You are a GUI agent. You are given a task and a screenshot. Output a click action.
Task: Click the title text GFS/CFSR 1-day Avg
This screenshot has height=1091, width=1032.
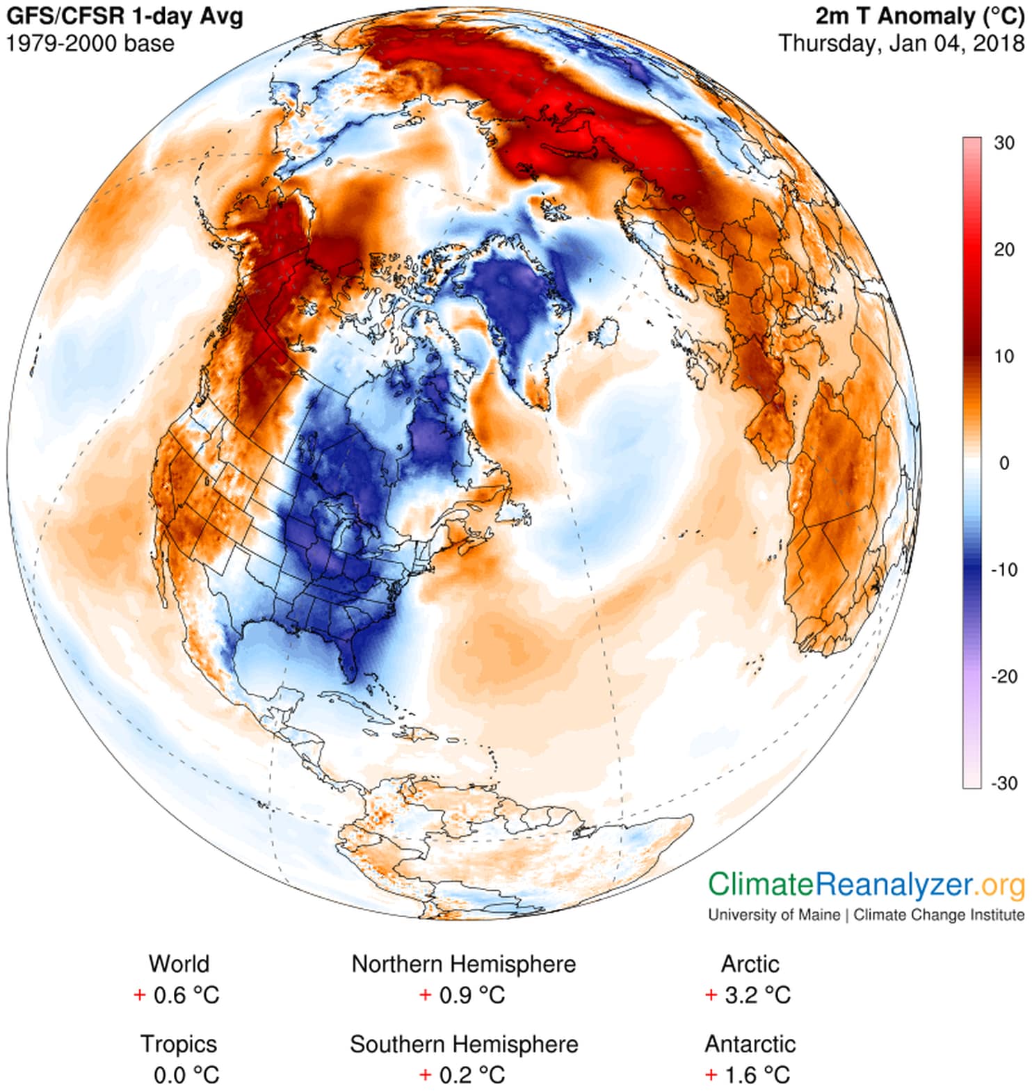[x=125, y=17]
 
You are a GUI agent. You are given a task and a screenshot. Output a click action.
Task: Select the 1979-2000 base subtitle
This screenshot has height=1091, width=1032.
[x=90, y=43]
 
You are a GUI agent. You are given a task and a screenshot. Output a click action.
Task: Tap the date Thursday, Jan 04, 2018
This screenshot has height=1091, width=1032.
[x=901, y=43]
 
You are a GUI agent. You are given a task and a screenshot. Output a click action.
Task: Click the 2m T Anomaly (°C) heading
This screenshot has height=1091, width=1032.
[x=919, y=17]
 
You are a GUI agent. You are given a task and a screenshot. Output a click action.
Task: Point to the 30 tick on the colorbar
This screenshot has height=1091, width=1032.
[x=1003, y=143]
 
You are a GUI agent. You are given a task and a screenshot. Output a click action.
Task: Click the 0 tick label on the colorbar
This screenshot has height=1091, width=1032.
[x=1003, y=463]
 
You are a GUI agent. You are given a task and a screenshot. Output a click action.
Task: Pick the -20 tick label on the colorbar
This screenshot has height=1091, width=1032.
[x=1003, y=676]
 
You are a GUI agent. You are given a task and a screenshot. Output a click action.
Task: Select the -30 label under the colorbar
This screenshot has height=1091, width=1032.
[x=1003, y=783]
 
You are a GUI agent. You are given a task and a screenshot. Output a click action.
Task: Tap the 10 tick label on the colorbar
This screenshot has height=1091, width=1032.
[x=1003, y=357]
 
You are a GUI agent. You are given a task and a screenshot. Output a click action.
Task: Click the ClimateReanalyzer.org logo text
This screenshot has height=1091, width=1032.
[x=866, y=885]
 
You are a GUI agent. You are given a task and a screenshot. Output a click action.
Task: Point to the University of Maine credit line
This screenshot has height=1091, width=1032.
[x=866, y=915]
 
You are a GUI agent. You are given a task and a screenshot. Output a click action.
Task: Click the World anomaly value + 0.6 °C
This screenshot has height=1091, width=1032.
[x=177, y=995]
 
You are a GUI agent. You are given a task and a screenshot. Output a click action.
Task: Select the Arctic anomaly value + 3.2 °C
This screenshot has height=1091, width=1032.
[x=748, y=995]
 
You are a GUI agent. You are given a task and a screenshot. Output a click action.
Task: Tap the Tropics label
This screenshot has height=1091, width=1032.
[x=179, y=1044]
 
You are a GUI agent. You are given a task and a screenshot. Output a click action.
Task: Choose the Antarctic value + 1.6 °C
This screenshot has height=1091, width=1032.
[x=748, y=1075]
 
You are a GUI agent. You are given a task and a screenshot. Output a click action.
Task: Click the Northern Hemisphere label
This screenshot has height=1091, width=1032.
[x=463, y=964]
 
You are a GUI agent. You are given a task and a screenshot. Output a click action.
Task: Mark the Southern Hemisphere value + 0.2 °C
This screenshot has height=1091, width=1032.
[x=463, y=1075]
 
